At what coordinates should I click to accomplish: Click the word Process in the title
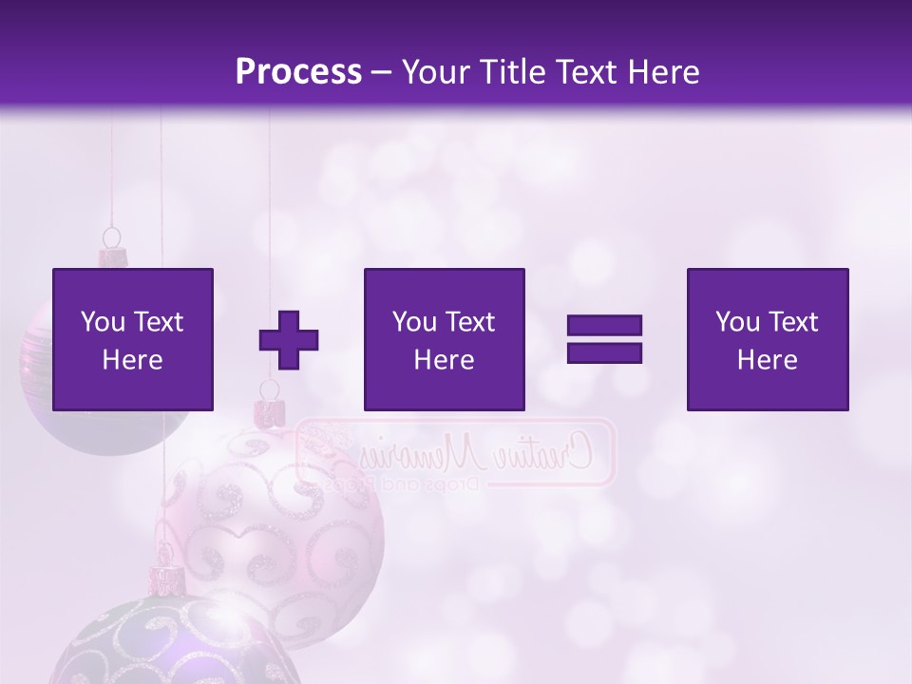pos(298,72)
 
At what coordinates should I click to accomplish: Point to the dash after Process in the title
pos(382,73)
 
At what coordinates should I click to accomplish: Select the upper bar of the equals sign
pos(604,325)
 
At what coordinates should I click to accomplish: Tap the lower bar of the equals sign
pos(604,353)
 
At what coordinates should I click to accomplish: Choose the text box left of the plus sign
pos(133,339)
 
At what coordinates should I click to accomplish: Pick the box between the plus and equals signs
pos(445,339)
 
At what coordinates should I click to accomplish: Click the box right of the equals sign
pos(768,339)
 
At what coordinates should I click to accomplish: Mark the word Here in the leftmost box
pos(132,360)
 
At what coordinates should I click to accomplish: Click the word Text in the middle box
pos(469,322)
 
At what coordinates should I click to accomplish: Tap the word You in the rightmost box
pos(737,322)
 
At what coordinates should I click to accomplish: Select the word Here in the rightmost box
pos(767,360)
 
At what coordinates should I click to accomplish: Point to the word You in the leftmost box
pos(103,322)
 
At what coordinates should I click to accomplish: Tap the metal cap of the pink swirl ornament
pos(270,412)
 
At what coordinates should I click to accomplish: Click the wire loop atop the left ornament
pos(112,236)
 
